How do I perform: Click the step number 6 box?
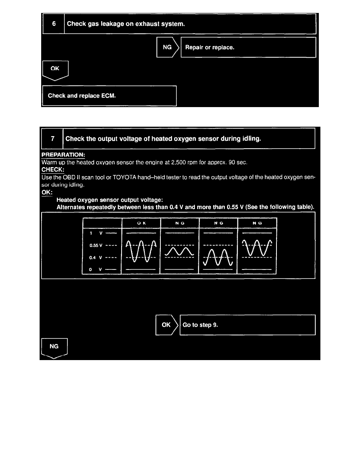click(54, 24)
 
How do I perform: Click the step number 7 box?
click(52, 139)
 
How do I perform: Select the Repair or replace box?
click(248, 47)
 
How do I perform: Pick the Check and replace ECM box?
click(109, 95)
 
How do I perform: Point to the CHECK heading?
click(53, 169)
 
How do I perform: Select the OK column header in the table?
click(141, 223)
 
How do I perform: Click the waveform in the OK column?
click(141, 251)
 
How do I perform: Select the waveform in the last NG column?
click(257, 247)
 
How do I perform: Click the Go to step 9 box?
click(247, 325)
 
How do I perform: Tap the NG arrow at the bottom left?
click(55, 347)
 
